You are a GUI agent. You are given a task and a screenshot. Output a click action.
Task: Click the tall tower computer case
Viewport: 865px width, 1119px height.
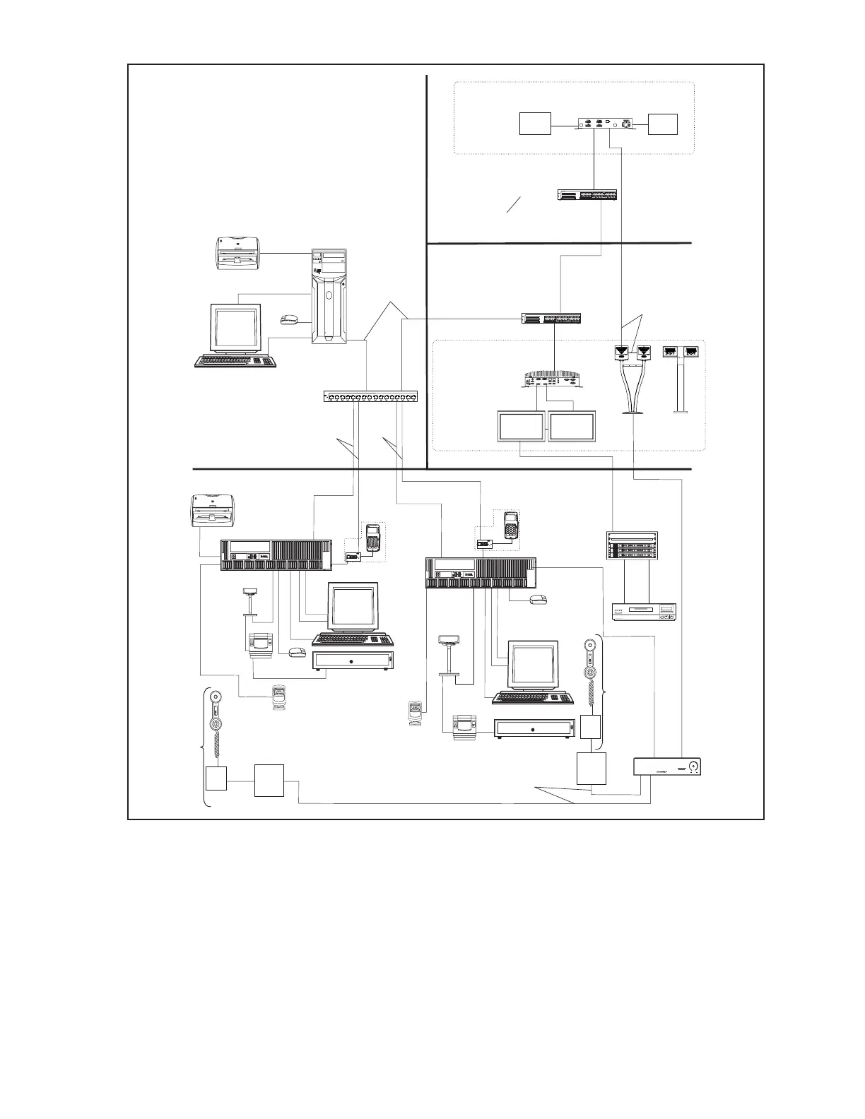click(x=329, y=297)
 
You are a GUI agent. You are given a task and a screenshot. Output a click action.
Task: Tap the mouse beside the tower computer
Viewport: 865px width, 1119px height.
click(x=289, y=320)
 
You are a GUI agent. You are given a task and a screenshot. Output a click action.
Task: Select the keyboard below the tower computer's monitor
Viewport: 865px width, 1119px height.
click(x=235, y=361)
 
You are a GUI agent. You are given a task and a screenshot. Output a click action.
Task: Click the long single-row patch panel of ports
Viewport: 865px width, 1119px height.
click(x=370, y=396)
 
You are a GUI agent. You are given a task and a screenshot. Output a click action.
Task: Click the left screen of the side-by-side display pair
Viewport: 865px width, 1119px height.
click(x=521, y=427)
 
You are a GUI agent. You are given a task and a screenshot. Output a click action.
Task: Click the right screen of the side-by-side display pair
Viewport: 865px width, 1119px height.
click(x=572, y=427)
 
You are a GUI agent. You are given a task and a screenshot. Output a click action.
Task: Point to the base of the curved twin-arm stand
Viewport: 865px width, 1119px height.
click(x=633, y=413)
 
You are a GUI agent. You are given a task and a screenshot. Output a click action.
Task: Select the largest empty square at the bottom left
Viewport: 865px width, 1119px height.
click(x=270, y=780)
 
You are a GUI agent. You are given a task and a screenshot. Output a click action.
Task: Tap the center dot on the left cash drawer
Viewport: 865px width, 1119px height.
click(x=353, y=661)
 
